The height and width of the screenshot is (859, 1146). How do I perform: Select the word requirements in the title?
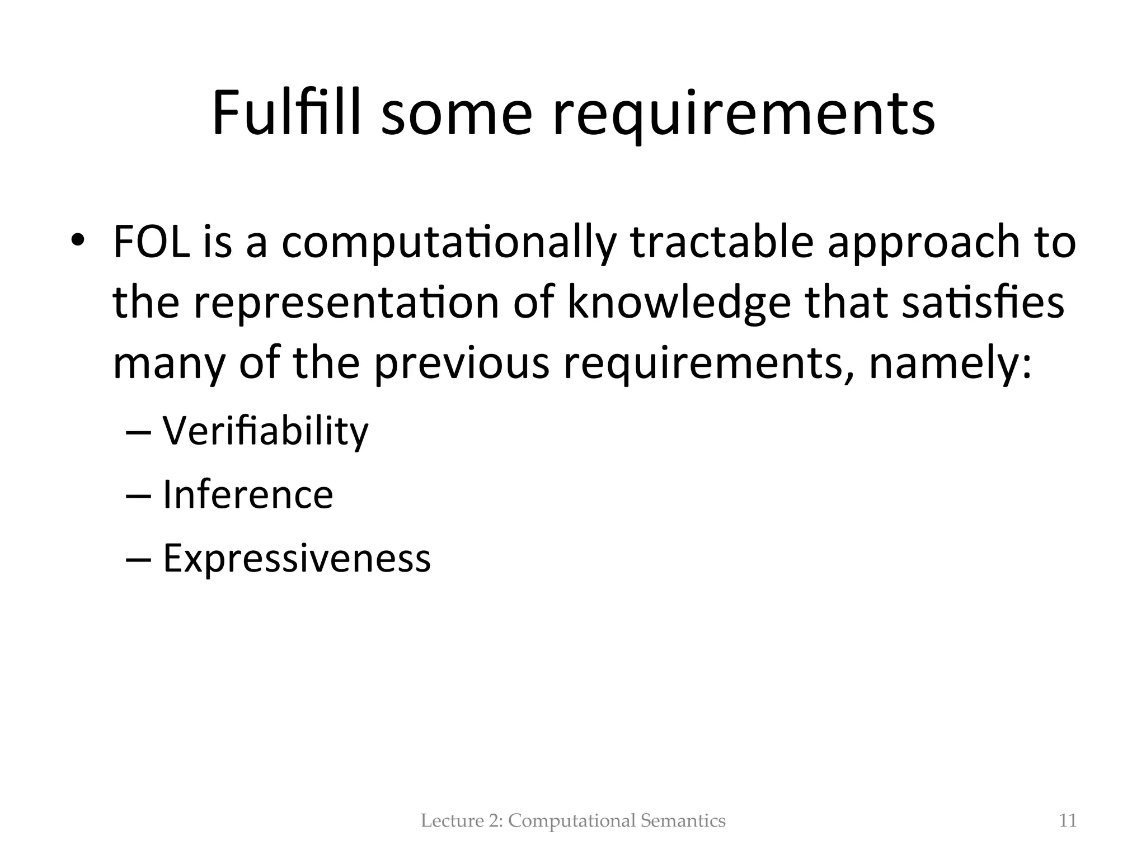[744, 117]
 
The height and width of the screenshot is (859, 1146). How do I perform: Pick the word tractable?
[722, 243]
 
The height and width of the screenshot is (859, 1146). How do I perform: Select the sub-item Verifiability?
[266, 432]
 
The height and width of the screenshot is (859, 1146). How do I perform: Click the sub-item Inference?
[248, 495]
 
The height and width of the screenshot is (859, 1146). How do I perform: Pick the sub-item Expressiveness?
[297, 558]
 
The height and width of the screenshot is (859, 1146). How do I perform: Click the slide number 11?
[1068, 821]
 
